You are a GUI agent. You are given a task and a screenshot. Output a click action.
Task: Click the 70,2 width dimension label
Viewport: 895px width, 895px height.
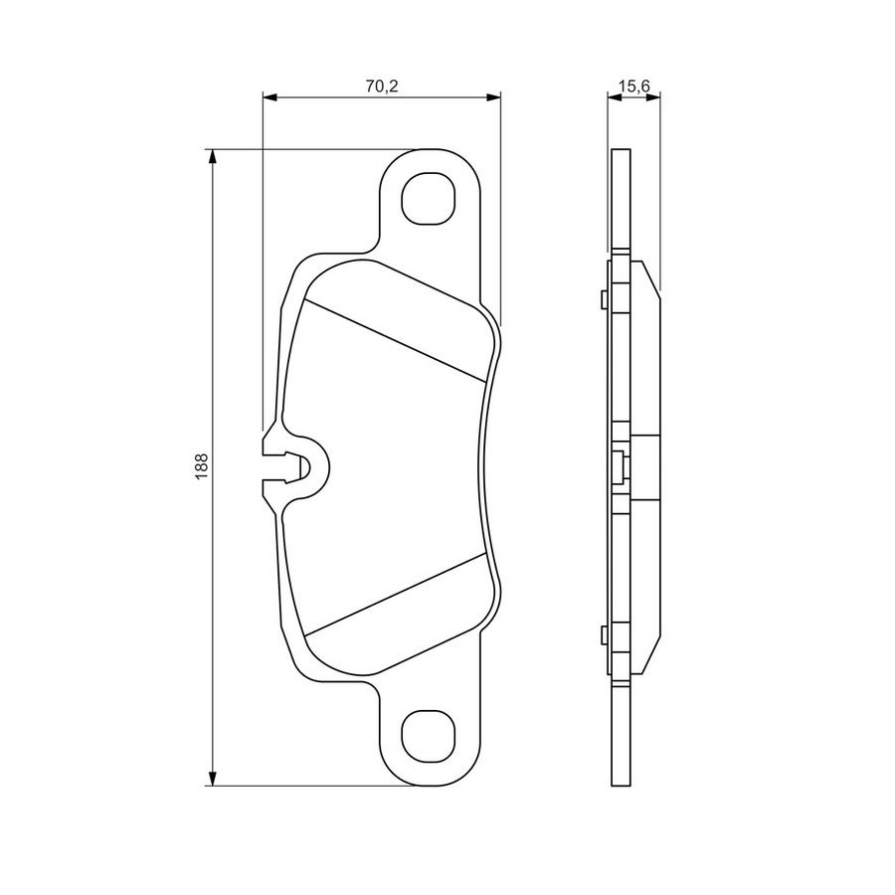tap(381, 87)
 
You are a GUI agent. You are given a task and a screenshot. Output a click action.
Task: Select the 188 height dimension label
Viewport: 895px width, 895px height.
tap(202, 466)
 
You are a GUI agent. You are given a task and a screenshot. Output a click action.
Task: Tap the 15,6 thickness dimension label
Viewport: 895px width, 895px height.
tap(634, 87)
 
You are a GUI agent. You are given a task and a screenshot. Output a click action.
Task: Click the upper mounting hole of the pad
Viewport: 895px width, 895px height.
tap(429, 198)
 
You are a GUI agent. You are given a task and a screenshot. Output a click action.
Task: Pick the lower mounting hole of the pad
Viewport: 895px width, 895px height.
tap(429, 738)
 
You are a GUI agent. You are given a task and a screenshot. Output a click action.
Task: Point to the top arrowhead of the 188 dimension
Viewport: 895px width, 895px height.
tap(213, 156)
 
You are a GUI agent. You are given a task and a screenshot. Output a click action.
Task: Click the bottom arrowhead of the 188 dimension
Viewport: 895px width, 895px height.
tap(213, 779)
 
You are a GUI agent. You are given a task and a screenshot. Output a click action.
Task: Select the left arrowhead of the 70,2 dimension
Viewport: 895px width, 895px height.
tap(269, 97)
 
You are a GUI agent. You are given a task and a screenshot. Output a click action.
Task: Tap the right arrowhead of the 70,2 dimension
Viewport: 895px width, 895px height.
tap(493, 97)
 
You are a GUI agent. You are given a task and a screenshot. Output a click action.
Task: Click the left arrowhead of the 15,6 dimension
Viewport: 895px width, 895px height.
tap(615, 97)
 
